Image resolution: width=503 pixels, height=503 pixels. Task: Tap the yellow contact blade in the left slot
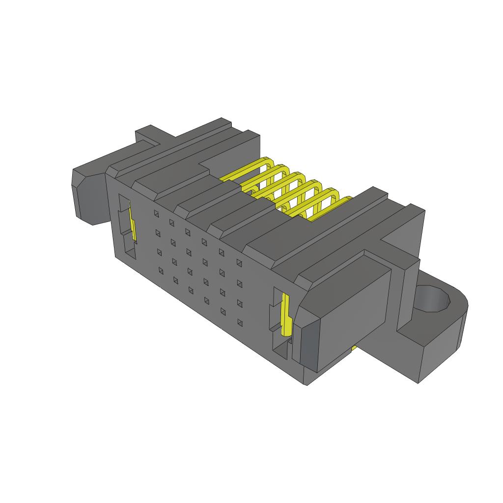(x=132, y=224)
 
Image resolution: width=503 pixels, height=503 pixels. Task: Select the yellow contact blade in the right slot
(x=284, y=314)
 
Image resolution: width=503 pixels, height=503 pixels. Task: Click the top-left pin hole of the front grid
(x=156, y=213)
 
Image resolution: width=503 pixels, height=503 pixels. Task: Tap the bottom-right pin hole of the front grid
(x=240, y=323)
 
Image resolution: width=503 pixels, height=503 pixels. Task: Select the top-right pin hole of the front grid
(x=239, y=263)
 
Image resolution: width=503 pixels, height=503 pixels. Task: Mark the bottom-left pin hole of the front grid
(x=159, y=269)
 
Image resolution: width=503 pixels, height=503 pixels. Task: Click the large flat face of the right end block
(x=354, y=314)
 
